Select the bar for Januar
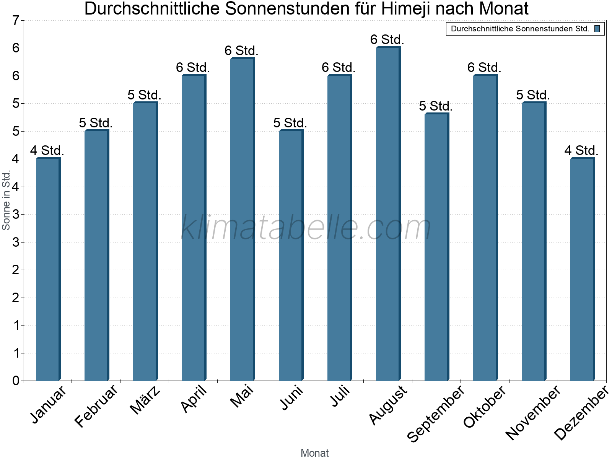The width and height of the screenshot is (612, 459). coord(48,269)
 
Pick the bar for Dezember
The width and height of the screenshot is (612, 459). coord(582,269)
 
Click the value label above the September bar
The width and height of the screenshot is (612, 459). coord(436,106)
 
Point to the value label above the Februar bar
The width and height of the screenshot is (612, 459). coord(96,123)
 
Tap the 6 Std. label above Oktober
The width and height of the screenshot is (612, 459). coord(484,67)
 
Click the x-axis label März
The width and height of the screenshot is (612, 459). coord(146,400)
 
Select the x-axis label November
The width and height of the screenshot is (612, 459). coord(533,412)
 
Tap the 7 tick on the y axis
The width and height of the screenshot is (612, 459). coord(16,21)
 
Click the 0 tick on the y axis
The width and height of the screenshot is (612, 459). coord(16,381)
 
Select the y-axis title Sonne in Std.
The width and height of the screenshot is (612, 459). coord(6,200)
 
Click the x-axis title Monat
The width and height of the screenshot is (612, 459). coord(314,453)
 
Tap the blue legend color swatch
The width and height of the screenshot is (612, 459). coord(597,29)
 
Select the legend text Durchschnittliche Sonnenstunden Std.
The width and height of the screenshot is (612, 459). coord(520,29)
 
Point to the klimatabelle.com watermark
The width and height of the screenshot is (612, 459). coord(306,228)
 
